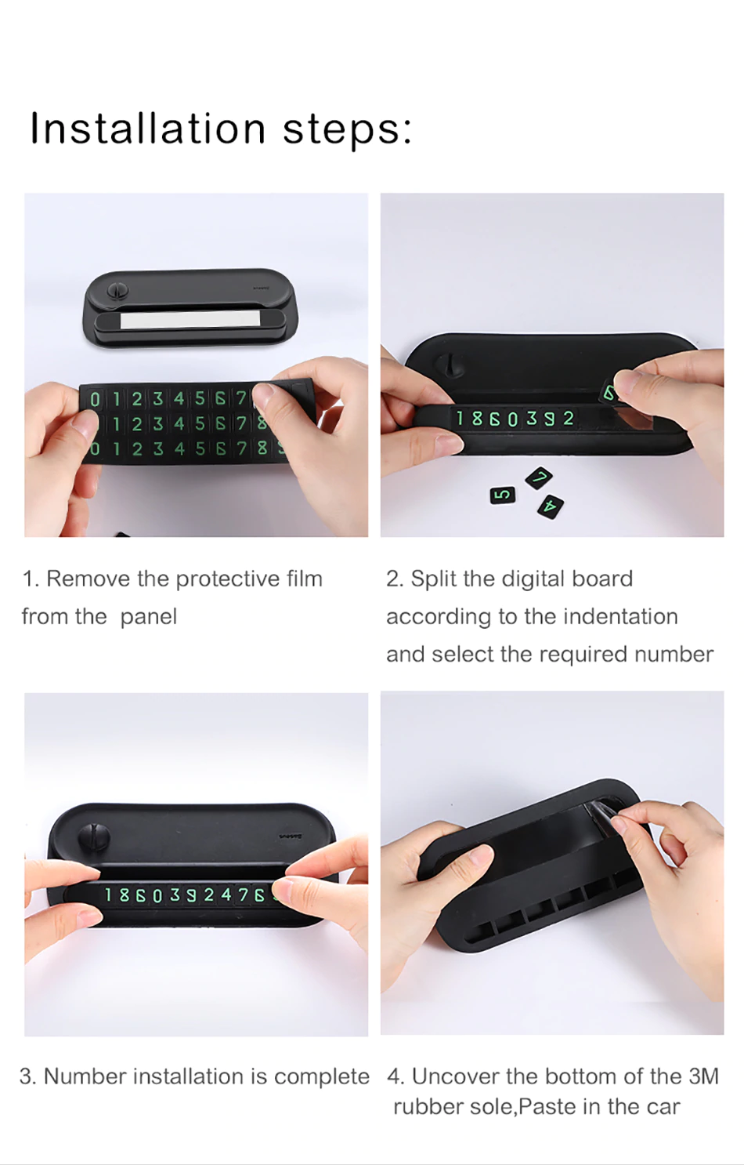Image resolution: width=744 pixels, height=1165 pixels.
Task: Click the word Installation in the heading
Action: click(x=148, y=128)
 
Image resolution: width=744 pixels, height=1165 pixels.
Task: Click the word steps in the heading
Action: click(x=347, y=130)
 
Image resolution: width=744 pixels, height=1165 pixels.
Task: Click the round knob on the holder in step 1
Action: click(x=117, y=289)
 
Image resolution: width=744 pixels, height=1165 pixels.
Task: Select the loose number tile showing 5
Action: click(x=503, y=494)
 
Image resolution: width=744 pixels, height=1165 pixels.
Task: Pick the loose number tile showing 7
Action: click(x=539, y=477)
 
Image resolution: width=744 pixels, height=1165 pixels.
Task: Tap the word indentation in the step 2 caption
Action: click(x=620, y=617)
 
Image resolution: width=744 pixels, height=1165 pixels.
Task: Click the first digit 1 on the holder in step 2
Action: click(x=460, y=418)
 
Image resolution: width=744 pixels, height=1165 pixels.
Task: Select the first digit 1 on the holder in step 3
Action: click(x=109, y=895)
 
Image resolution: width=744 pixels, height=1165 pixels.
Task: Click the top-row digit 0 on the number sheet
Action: click(x=95, y=399)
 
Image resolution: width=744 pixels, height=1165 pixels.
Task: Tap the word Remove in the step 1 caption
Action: click(x=88, y=579)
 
